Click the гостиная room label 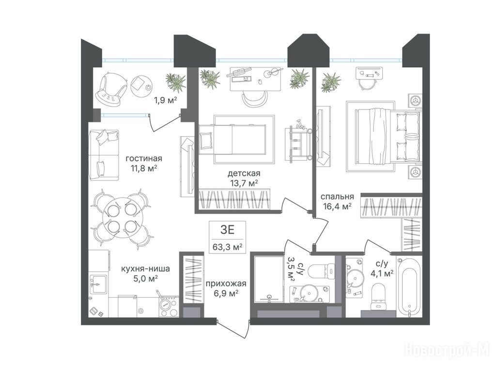click(144, 158)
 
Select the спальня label click(337, 197)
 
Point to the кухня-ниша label click(145, 269)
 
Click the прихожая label click(226, 284)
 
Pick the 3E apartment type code click(227, 230)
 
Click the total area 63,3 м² click(228, 247)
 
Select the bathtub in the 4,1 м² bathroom click(409, 287)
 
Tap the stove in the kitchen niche click(169, 305)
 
